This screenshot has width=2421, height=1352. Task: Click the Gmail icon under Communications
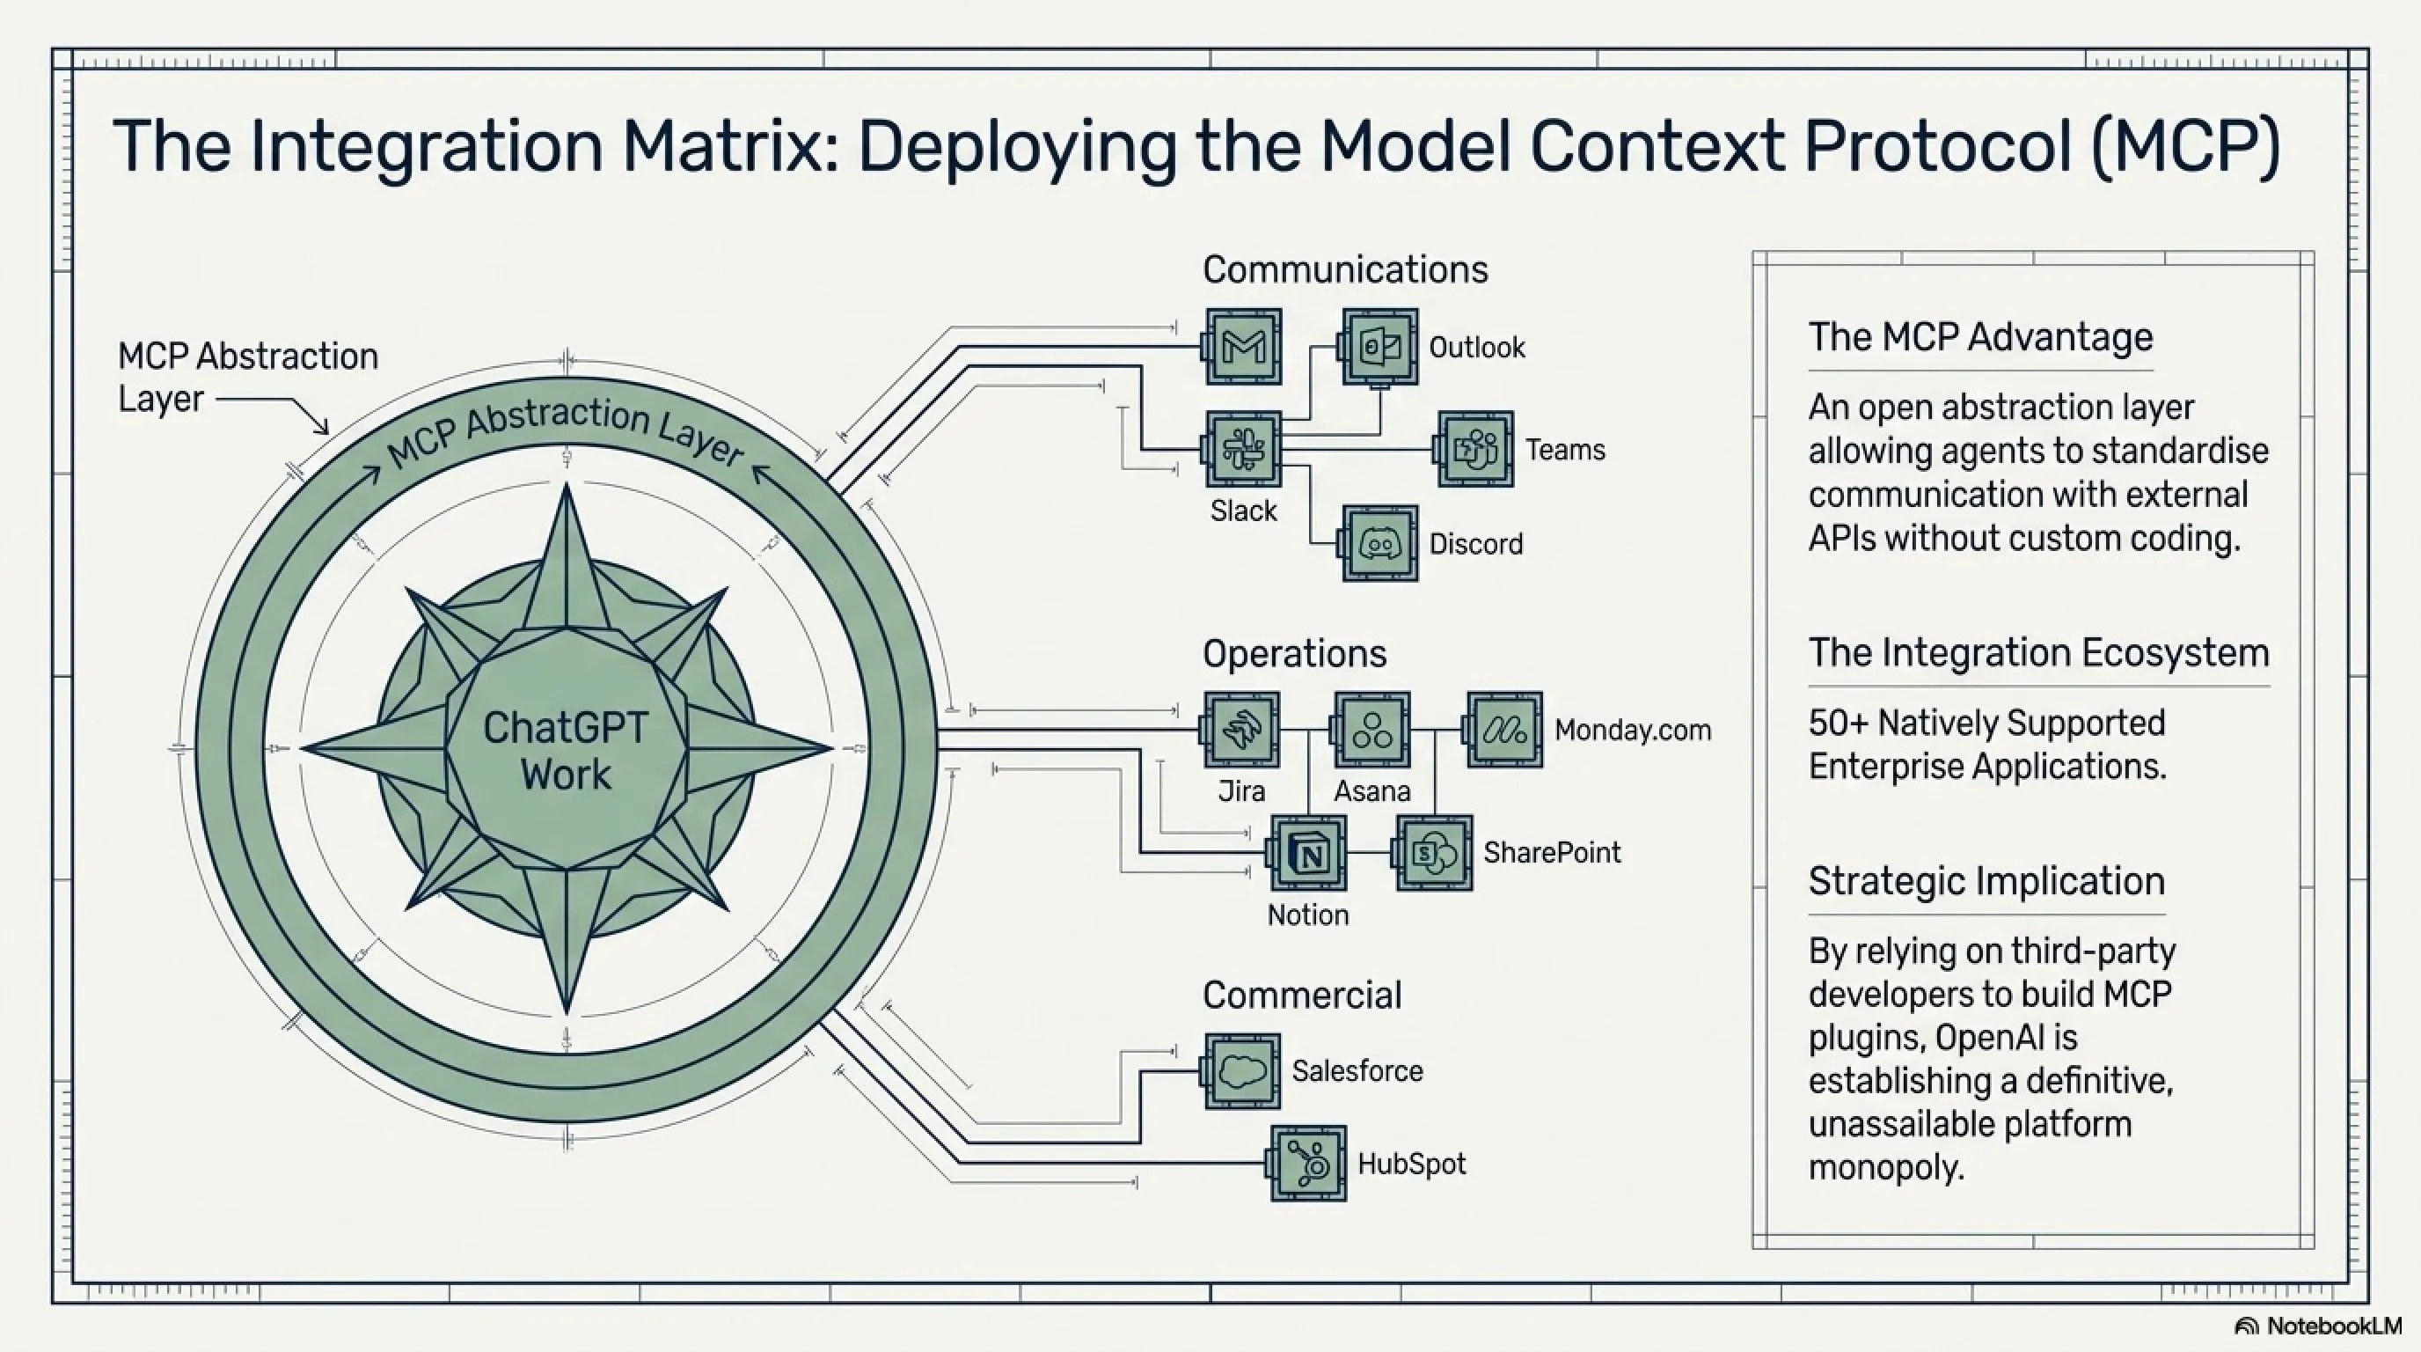1242,346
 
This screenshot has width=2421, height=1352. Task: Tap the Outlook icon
1379,346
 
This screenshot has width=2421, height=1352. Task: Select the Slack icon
1242,449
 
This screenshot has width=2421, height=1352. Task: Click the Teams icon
1475,449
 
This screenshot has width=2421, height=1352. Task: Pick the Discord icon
1379,542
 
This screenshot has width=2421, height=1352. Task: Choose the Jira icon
1241,730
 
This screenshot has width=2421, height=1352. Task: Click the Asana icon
1372,730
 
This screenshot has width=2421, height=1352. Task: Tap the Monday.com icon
1503,730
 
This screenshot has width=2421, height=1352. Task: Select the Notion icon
1307,853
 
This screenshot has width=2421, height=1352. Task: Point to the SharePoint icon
1434,853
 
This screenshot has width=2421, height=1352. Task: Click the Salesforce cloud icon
1241,1071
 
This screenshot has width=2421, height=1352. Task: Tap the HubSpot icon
1307,1163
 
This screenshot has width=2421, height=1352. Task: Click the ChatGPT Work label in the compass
566,750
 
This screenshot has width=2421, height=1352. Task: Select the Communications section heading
1345,270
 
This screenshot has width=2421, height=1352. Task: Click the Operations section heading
1294,653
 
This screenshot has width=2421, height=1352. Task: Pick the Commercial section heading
1302,995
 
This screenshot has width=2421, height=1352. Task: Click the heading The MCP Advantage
1980,336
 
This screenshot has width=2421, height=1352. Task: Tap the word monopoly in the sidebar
1886,1168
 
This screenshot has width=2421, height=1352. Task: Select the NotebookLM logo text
2334,1326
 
